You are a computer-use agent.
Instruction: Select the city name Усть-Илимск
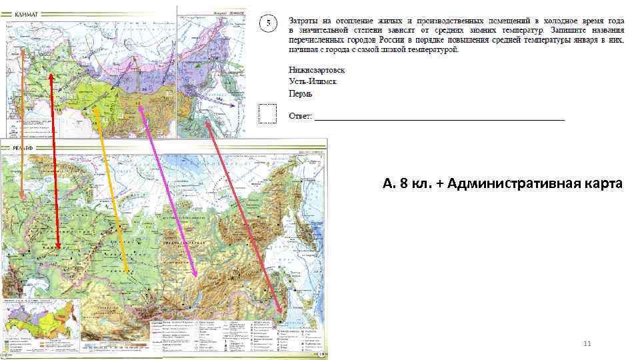coord(313,82)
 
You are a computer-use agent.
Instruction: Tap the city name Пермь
coord(301,94)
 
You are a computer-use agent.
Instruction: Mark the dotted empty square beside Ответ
coord(267,114)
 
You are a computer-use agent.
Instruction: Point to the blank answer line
coord(440,118)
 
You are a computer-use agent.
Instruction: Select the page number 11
coord(587,344)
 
